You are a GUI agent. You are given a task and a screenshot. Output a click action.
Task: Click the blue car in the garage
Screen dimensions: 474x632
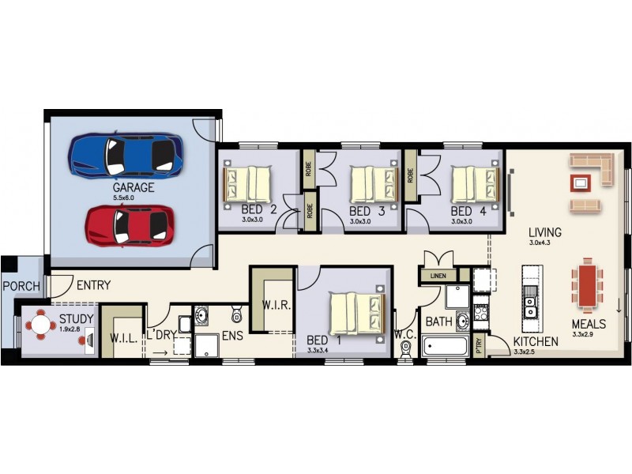tap(126, 154)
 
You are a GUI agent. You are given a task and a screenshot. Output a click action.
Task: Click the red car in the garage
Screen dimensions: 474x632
tap(130, 225)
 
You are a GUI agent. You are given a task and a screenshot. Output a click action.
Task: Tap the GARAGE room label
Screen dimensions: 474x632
tap(133, 188)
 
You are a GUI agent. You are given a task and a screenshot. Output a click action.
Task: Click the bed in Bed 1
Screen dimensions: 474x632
tap(355, 313)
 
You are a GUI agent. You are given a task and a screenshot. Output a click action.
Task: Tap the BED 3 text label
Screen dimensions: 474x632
tap(367, 212)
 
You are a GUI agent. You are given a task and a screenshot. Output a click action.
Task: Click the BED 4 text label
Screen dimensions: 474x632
tap(468, 212)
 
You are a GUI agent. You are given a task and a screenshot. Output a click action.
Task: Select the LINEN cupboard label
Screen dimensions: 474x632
tap(437, 276)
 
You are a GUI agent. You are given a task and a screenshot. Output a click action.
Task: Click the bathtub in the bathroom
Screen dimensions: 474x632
tap(446, 346)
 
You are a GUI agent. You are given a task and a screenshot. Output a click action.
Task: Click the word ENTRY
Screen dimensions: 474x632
tap(92, 285)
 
